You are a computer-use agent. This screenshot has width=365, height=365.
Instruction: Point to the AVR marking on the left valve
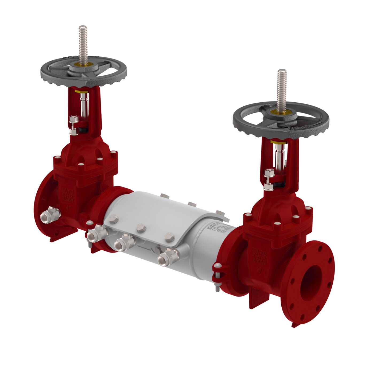tap(67, 191)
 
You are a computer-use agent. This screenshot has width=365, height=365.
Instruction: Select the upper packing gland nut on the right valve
tap(269, 173)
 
